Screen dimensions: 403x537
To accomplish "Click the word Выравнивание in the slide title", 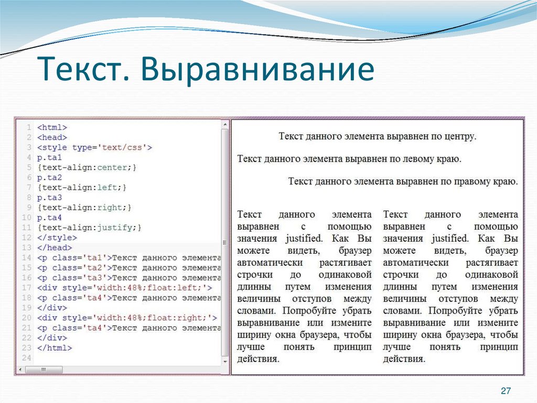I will pos(256,70).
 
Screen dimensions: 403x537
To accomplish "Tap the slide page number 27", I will pos(506,390).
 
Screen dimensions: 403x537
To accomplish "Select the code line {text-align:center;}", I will pos(87,168).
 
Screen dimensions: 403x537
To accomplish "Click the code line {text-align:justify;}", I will pos(90,228).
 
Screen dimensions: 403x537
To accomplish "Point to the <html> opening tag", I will pos(52,127).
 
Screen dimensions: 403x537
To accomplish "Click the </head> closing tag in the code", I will pos(55,247).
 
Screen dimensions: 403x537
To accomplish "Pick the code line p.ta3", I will pos(50,198).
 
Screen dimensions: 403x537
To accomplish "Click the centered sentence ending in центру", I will pos(377,137).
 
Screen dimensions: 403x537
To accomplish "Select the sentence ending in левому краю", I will pos(349,158).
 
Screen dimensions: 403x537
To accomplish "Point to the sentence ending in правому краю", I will pos(403,182).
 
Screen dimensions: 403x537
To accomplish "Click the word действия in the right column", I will pos(404,359).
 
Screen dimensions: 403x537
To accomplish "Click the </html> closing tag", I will pos(55,348).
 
